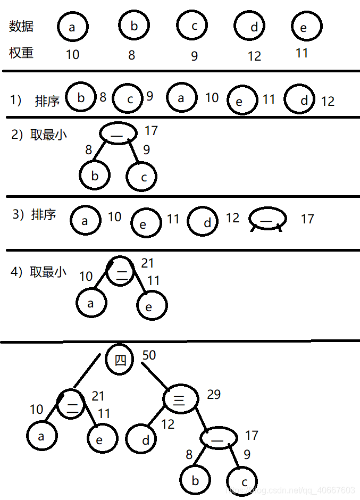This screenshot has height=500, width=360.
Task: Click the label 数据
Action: pos(21,26)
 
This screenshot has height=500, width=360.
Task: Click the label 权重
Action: pos(21,53)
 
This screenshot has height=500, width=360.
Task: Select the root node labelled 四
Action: pos(121,360)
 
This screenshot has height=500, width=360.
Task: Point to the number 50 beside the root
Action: pos(149,355)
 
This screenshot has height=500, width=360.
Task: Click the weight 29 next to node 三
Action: pos(214,394)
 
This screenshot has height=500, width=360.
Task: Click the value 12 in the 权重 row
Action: pos(254,56)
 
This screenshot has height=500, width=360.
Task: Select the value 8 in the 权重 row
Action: pos(132,55)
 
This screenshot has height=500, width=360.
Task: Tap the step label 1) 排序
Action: pos(35,101)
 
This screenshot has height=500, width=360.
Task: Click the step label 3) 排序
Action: pos(34,214)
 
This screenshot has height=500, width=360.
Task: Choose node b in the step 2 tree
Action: pos(95,176)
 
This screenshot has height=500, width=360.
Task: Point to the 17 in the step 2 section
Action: pos(151,130)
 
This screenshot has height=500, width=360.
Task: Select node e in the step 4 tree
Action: pos(152,306)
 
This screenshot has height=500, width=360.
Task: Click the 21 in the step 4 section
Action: pos(148,263)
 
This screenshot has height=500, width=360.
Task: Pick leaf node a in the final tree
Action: pos(42,436)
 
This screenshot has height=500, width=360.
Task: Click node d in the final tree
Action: pos(141,439)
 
